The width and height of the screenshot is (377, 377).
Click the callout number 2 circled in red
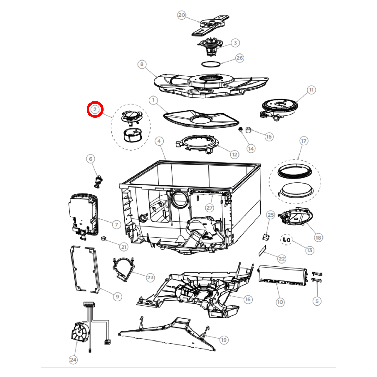click(x=95, y=109)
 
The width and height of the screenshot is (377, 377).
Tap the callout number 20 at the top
click(x=182, y=15)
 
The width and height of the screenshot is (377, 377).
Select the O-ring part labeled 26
click(x=211, y=64)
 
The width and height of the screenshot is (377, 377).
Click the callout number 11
click(x=311, y=90)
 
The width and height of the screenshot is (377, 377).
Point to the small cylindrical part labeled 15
click(x=248, y=130)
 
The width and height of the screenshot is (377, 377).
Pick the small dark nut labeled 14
click(x=241, y=129)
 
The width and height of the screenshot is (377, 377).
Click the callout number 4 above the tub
click(x=159, y=141)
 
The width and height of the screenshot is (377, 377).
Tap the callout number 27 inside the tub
click(x=210, y=208)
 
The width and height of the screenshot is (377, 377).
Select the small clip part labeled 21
click(x=104, y=238)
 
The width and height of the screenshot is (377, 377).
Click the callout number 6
click(x=91, y=159)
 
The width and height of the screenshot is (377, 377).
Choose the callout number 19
click(x=224, y=340)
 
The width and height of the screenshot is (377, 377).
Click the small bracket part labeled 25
click(x=266, y=237)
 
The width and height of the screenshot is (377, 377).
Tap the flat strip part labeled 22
click(x=262, y=251)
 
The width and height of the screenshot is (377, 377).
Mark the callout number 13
click(x=309, y=250)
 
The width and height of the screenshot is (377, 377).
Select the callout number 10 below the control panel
click(x=280, y=302)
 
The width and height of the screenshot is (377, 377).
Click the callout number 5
click(x=317, y=301)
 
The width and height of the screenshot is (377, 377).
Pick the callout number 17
click(x=303, y=141)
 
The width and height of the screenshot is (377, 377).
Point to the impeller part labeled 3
click(x=210, y=47)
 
